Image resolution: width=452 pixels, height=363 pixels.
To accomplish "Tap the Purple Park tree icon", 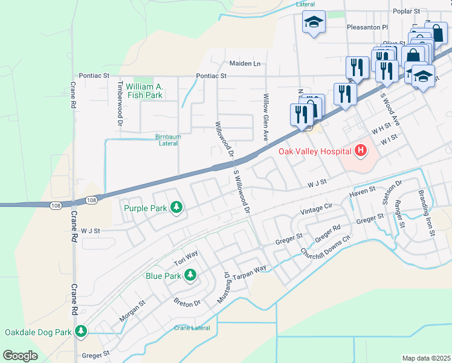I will point(176,208).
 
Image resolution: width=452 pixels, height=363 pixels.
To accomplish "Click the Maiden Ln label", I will point(245,64).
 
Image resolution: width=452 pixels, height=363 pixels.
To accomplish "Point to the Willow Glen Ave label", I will point(265,115).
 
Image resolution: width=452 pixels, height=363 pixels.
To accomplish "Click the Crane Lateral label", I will point(192,328).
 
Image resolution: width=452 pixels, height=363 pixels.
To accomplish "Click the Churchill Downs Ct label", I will point(325,246).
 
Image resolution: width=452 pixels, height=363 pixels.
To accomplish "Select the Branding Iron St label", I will point(425,213).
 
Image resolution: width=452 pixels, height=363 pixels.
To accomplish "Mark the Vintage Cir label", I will point(317,210).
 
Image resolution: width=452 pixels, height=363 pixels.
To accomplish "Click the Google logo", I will point(20,356).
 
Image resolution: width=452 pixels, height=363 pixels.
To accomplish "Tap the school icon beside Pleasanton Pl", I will point(314,23).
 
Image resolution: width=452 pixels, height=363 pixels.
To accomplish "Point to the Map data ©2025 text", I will point(426,358).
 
